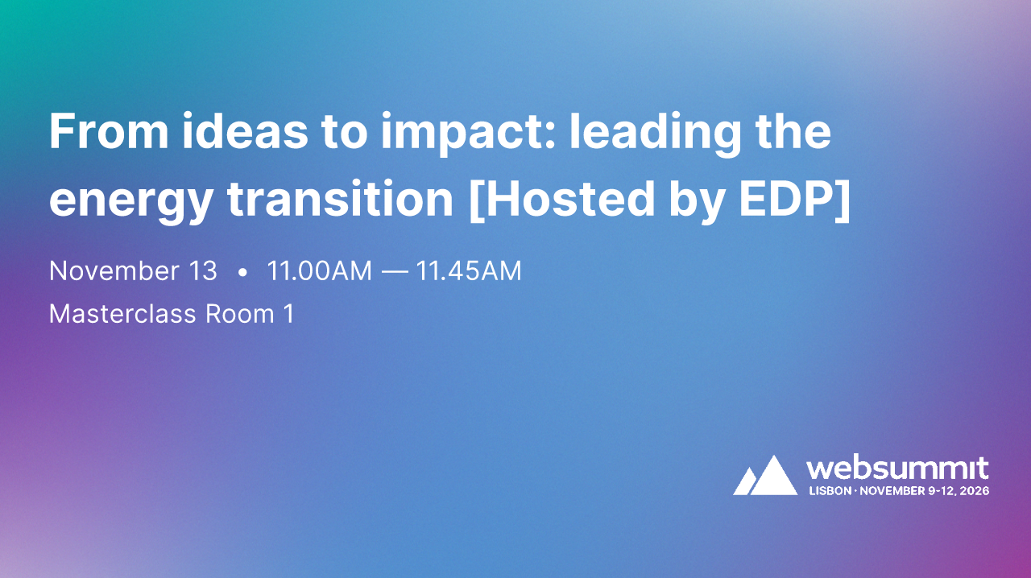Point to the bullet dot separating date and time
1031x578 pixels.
pos(242,273)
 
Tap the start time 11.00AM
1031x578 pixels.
pos(319,271)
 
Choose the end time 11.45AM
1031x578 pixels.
pos(469,271)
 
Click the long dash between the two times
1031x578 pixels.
pos(394,272)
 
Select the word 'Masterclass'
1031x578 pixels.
pos(122,313)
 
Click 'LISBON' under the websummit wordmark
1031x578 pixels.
pos(830,490)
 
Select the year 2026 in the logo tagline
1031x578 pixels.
pos(974,490)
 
